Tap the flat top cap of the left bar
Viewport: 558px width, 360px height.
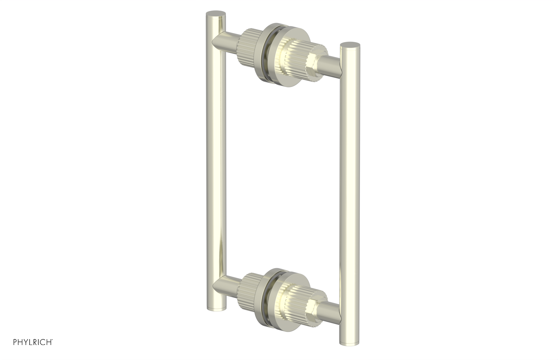click(216, 14)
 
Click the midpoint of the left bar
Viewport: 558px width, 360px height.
click(216, 160)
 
